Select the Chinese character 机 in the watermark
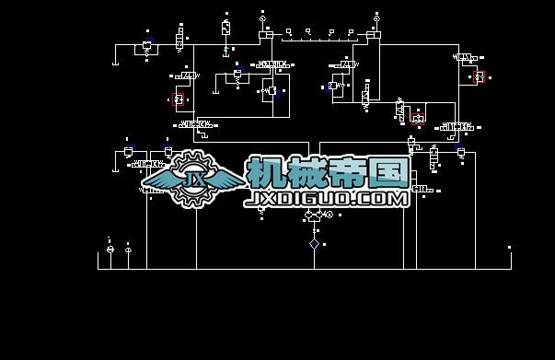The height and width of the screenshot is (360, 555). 267,172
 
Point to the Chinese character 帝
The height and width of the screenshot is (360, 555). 349,172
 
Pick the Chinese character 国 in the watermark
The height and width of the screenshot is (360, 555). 389,172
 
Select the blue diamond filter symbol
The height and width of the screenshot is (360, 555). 314,244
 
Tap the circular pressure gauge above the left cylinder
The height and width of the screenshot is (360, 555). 262,17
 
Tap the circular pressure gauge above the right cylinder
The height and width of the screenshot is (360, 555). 376,17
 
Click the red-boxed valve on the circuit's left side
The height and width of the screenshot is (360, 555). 179,99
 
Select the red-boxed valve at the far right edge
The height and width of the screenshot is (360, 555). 479,76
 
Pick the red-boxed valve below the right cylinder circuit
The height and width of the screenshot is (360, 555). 419,117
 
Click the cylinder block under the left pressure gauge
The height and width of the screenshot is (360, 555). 265,35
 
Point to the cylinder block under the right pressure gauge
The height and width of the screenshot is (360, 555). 374,35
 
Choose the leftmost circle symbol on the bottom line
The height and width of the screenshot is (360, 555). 110,250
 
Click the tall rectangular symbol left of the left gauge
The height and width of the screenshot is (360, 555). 225,28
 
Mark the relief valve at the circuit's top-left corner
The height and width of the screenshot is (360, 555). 147,46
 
